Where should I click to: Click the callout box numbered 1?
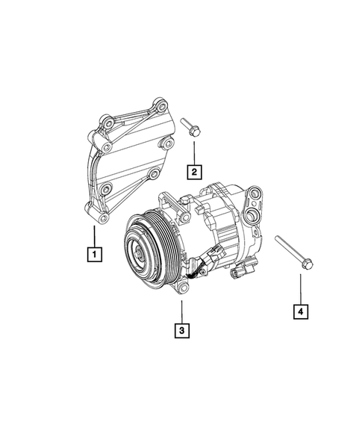(94, 255)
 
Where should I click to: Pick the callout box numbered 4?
(301, 310)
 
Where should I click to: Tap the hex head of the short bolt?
(192, 132)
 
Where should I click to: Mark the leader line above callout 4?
(301, 288)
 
